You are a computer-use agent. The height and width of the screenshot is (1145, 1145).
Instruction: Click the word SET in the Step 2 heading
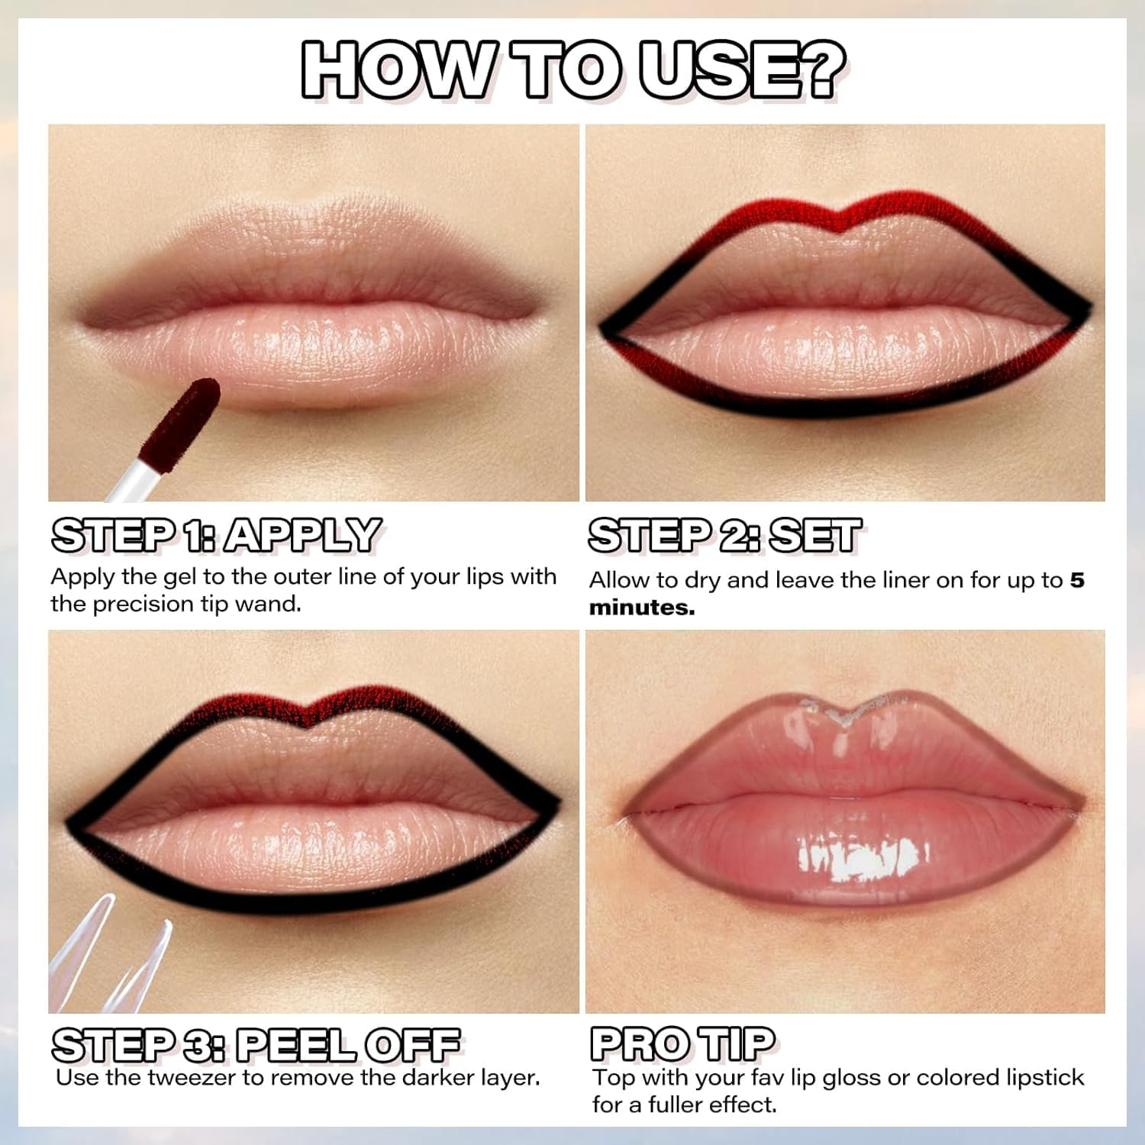[x=814, y=535]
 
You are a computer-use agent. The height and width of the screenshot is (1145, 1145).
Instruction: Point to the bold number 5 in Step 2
[x=1076, y=580]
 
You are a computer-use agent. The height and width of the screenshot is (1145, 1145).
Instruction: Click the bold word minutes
[x=641, y=608]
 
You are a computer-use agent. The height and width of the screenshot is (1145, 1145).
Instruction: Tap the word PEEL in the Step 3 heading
[x=295, y=1045]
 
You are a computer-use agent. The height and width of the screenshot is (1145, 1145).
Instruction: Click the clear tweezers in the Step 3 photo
[x=99, y=962]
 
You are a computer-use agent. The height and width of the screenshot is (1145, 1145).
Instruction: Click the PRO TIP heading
[x=682, y=1043]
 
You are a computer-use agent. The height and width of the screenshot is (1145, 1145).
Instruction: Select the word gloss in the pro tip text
[x=852, y=1078]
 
